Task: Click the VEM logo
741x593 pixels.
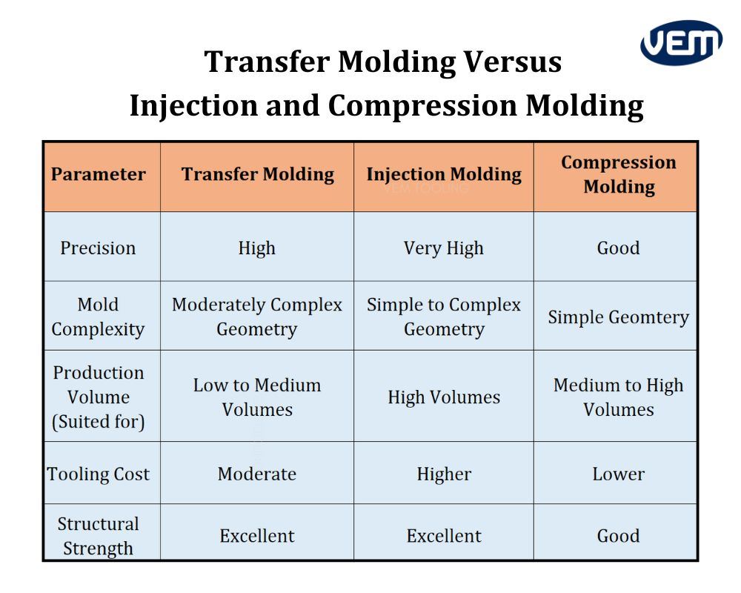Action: click(x=680, y=42)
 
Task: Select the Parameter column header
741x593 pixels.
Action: click(x=99, y=175)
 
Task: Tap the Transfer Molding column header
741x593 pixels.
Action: click(x=257, y=175)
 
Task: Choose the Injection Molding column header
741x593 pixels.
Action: click(x=443, y=175)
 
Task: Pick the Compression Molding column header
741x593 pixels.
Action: click(x=618, y=175)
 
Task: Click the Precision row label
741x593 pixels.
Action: click(x=99, y=248)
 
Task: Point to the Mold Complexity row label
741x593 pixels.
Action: click(x=99, y=317)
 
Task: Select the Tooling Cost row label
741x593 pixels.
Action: click(x=99, y=474)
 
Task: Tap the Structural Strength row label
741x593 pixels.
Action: click(x=99, y=536)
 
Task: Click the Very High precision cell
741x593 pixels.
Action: click(x=443, y=248)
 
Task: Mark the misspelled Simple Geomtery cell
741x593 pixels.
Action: click(x=618, y=317)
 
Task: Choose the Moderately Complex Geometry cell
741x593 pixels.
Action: click(x=257, y=317)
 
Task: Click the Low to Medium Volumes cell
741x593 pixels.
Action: click(x=257, y=397)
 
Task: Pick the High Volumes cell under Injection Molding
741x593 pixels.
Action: click(x=443, y=397)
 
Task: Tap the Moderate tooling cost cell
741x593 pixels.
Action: click(x=257, y=474)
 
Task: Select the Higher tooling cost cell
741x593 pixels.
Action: click(x=443, y=474)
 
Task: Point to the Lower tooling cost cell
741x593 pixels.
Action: click(x=618, y=474)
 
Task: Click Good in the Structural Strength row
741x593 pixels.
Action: click(x=618, y=536)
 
